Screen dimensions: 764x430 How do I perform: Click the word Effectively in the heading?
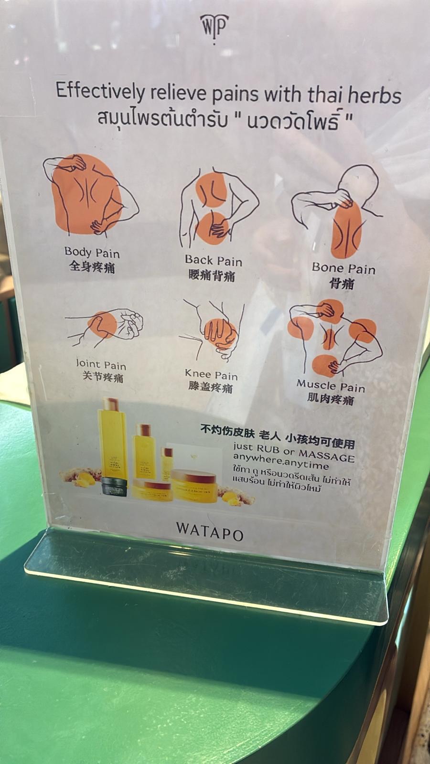pyautogui.click(x=99, y=91)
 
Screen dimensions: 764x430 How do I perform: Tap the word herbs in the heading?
pyautogui.click(x=374, y=95)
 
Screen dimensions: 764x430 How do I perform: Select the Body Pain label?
pyautogui.click(x=92, y=252)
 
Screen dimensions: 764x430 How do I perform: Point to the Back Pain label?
pyautogui.click(x=213, y=260)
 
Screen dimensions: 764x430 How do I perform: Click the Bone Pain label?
pyautogui.click(x=344, y=268)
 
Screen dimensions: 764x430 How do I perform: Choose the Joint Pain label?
pyautogui.click(x=101, y=365)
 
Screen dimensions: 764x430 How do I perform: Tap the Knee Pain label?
pyautogui.click(x=211, y=375)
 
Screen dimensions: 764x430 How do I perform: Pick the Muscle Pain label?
pyautogui.click(x=331, y=385)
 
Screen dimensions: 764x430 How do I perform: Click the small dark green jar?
pyautogui.click(x=114, y=487)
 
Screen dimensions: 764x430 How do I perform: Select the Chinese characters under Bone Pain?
pyautogui.click(x=342, y=284)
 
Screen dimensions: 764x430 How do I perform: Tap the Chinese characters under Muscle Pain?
pyautogui.click(x=331, y=399)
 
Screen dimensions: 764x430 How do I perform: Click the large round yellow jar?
pyautogui.click(x=194, y=485)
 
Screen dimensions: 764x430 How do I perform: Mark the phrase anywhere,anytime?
pyautogui.click(x=281, y=462)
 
